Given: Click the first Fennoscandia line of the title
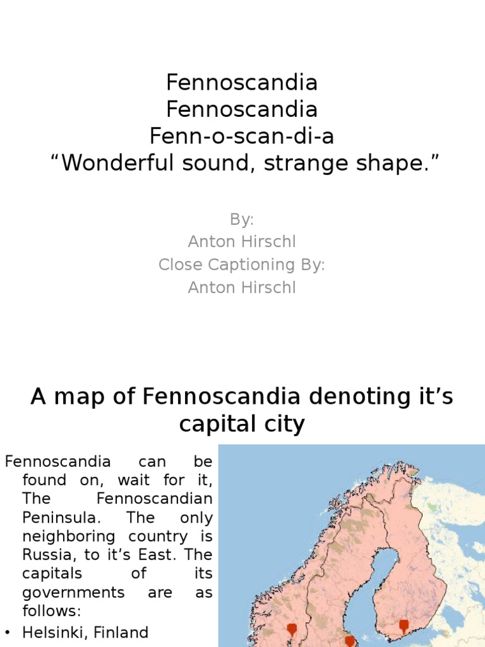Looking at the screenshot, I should click(242, 83).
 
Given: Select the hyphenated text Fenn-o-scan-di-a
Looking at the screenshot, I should click(242, 137).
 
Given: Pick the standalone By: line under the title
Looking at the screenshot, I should click(242, 219).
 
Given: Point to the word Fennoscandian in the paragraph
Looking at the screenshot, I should click(155, 499).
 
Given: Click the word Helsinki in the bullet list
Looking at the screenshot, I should click(51, 632).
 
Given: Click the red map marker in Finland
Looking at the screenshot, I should click(404, 626).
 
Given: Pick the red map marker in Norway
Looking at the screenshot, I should click(292, 629).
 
